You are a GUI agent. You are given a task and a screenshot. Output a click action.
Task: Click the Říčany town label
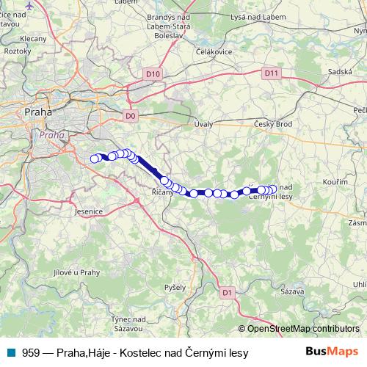pos(161,192)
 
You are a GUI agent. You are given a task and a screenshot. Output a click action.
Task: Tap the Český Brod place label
pos(273,124)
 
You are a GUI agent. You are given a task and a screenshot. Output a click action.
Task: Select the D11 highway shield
pos(272,73)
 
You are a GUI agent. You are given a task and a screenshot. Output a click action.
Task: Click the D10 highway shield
pos(153,74)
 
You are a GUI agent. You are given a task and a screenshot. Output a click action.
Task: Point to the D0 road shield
pos(131,116)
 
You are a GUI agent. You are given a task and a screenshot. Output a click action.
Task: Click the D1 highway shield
pos(227,292)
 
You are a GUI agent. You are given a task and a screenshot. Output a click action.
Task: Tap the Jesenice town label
pos(88,211)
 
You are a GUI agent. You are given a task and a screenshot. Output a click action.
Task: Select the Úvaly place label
pos(203,124)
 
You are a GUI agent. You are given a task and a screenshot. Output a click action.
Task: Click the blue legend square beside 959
pos(11,353)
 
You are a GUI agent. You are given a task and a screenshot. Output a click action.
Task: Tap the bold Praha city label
pos(37,112)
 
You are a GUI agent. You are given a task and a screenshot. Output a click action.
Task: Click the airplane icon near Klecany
pos(29,6)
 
